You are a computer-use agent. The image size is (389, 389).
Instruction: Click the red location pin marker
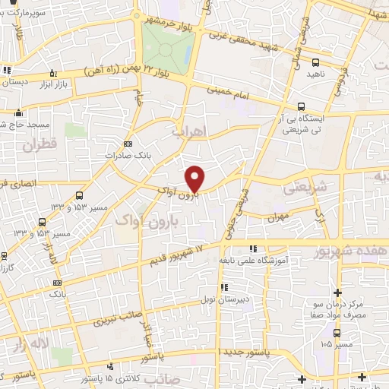point(195,178)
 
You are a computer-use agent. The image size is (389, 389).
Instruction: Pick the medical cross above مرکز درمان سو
point(338,293)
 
